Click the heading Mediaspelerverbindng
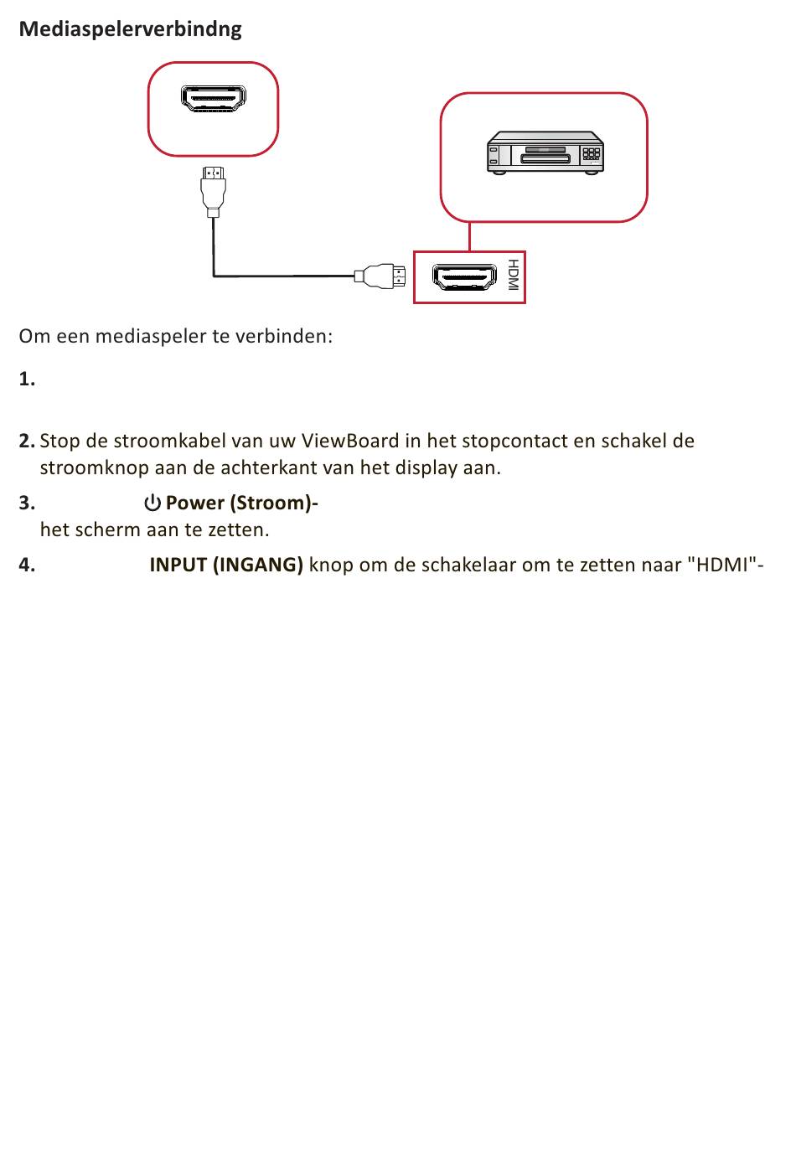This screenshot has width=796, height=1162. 130,29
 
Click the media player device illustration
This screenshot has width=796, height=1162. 545,152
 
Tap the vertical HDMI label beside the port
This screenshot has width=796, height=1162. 513,276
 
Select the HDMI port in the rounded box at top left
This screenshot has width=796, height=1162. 214,99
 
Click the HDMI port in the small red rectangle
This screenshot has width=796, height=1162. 463,276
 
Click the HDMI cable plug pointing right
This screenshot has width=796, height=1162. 383,276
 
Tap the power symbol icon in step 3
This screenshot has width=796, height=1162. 152,503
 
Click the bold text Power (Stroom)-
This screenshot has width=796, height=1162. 241,503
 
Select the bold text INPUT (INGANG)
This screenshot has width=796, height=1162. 226,565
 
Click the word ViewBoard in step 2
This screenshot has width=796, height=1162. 349,441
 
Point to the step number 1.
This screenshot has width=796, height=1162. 27,380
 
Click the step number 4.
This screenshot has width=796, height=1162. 27,565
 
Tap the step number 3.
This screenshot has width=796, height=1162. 27,503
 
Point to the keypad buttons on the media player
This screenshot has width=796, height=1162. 592,154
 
